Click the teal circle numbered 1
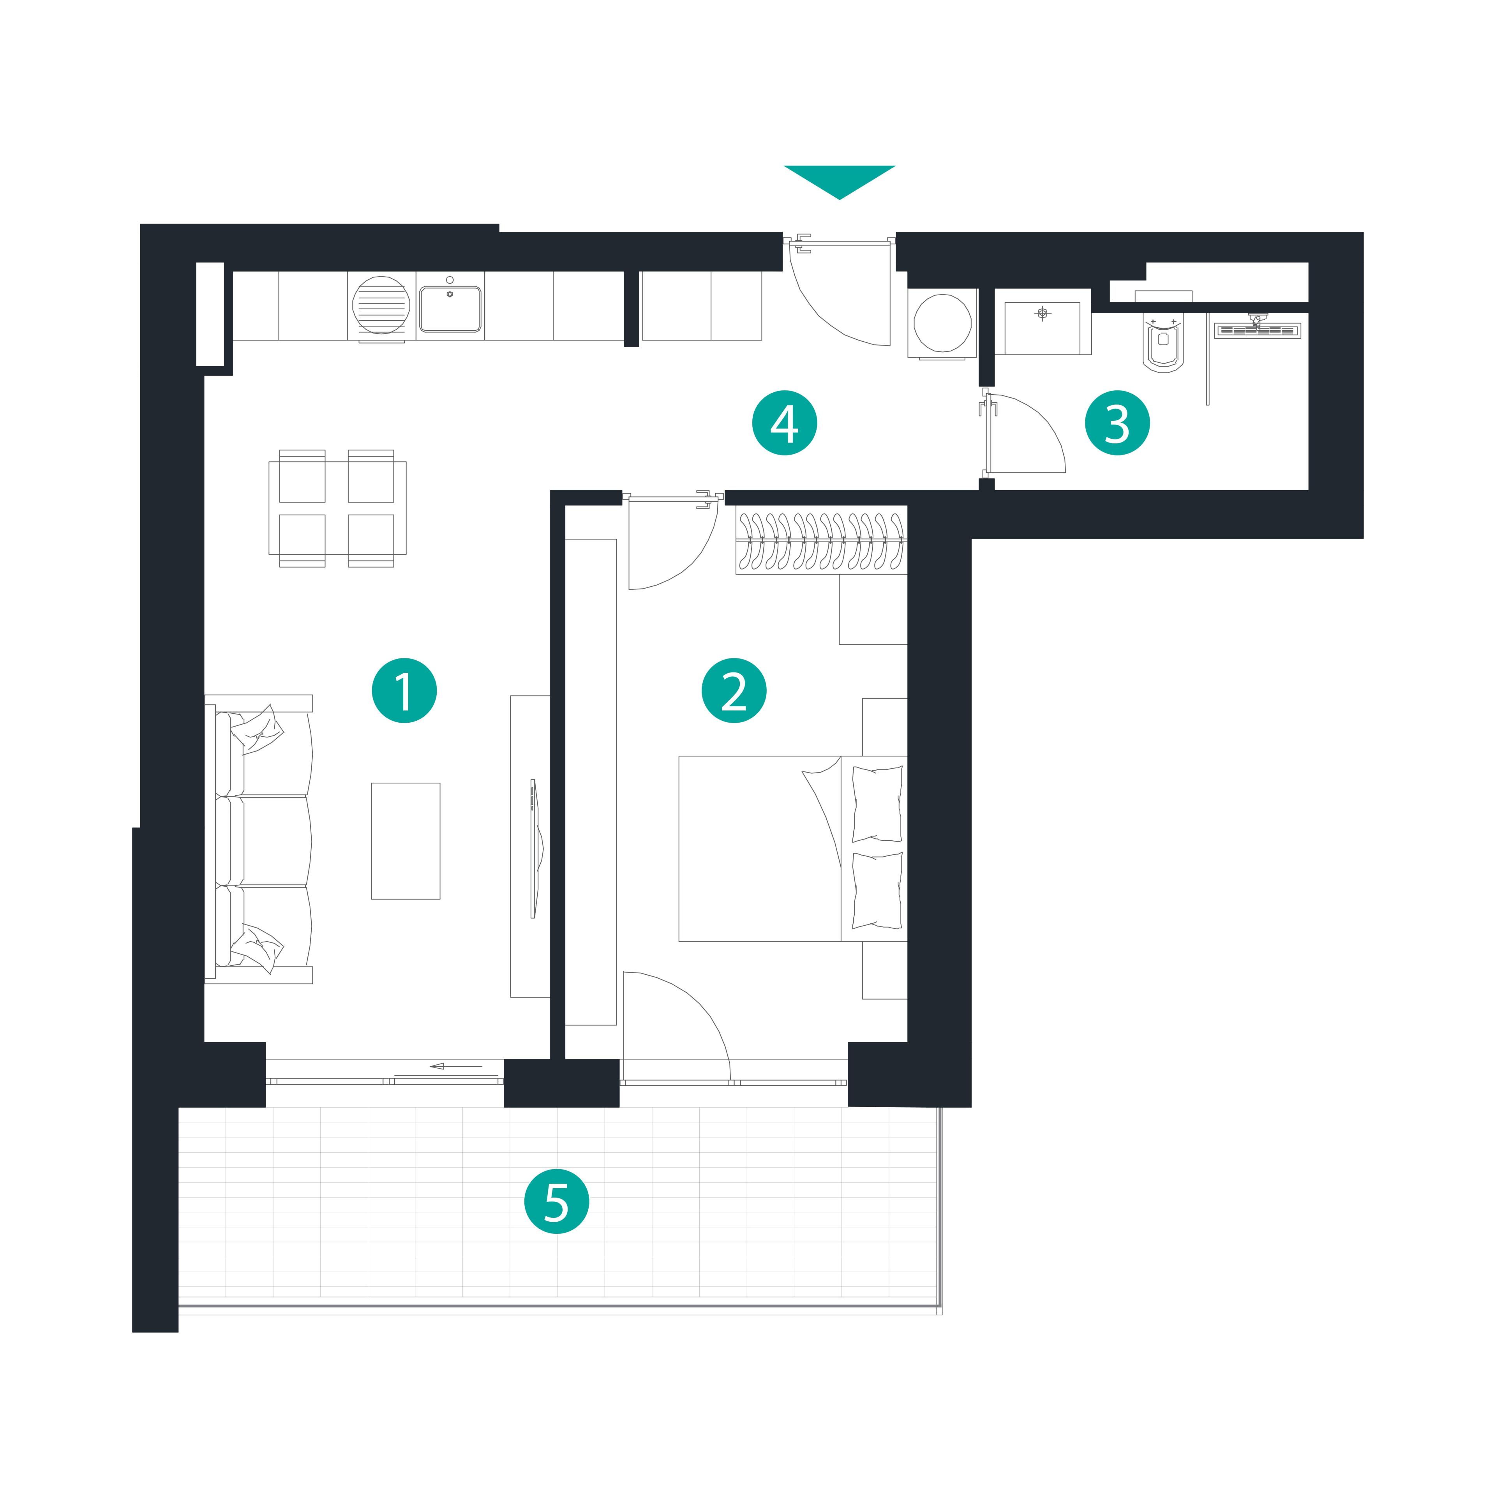[404, 691]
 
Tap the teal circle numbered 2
[734, 691]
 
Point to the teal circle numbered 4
[784, 423]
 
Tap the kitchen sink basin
[450, 309]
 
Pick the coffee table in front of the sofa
[406, 841]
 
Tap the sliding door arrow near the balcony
[456, 1066]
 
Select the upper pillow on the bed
[877, 804]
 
